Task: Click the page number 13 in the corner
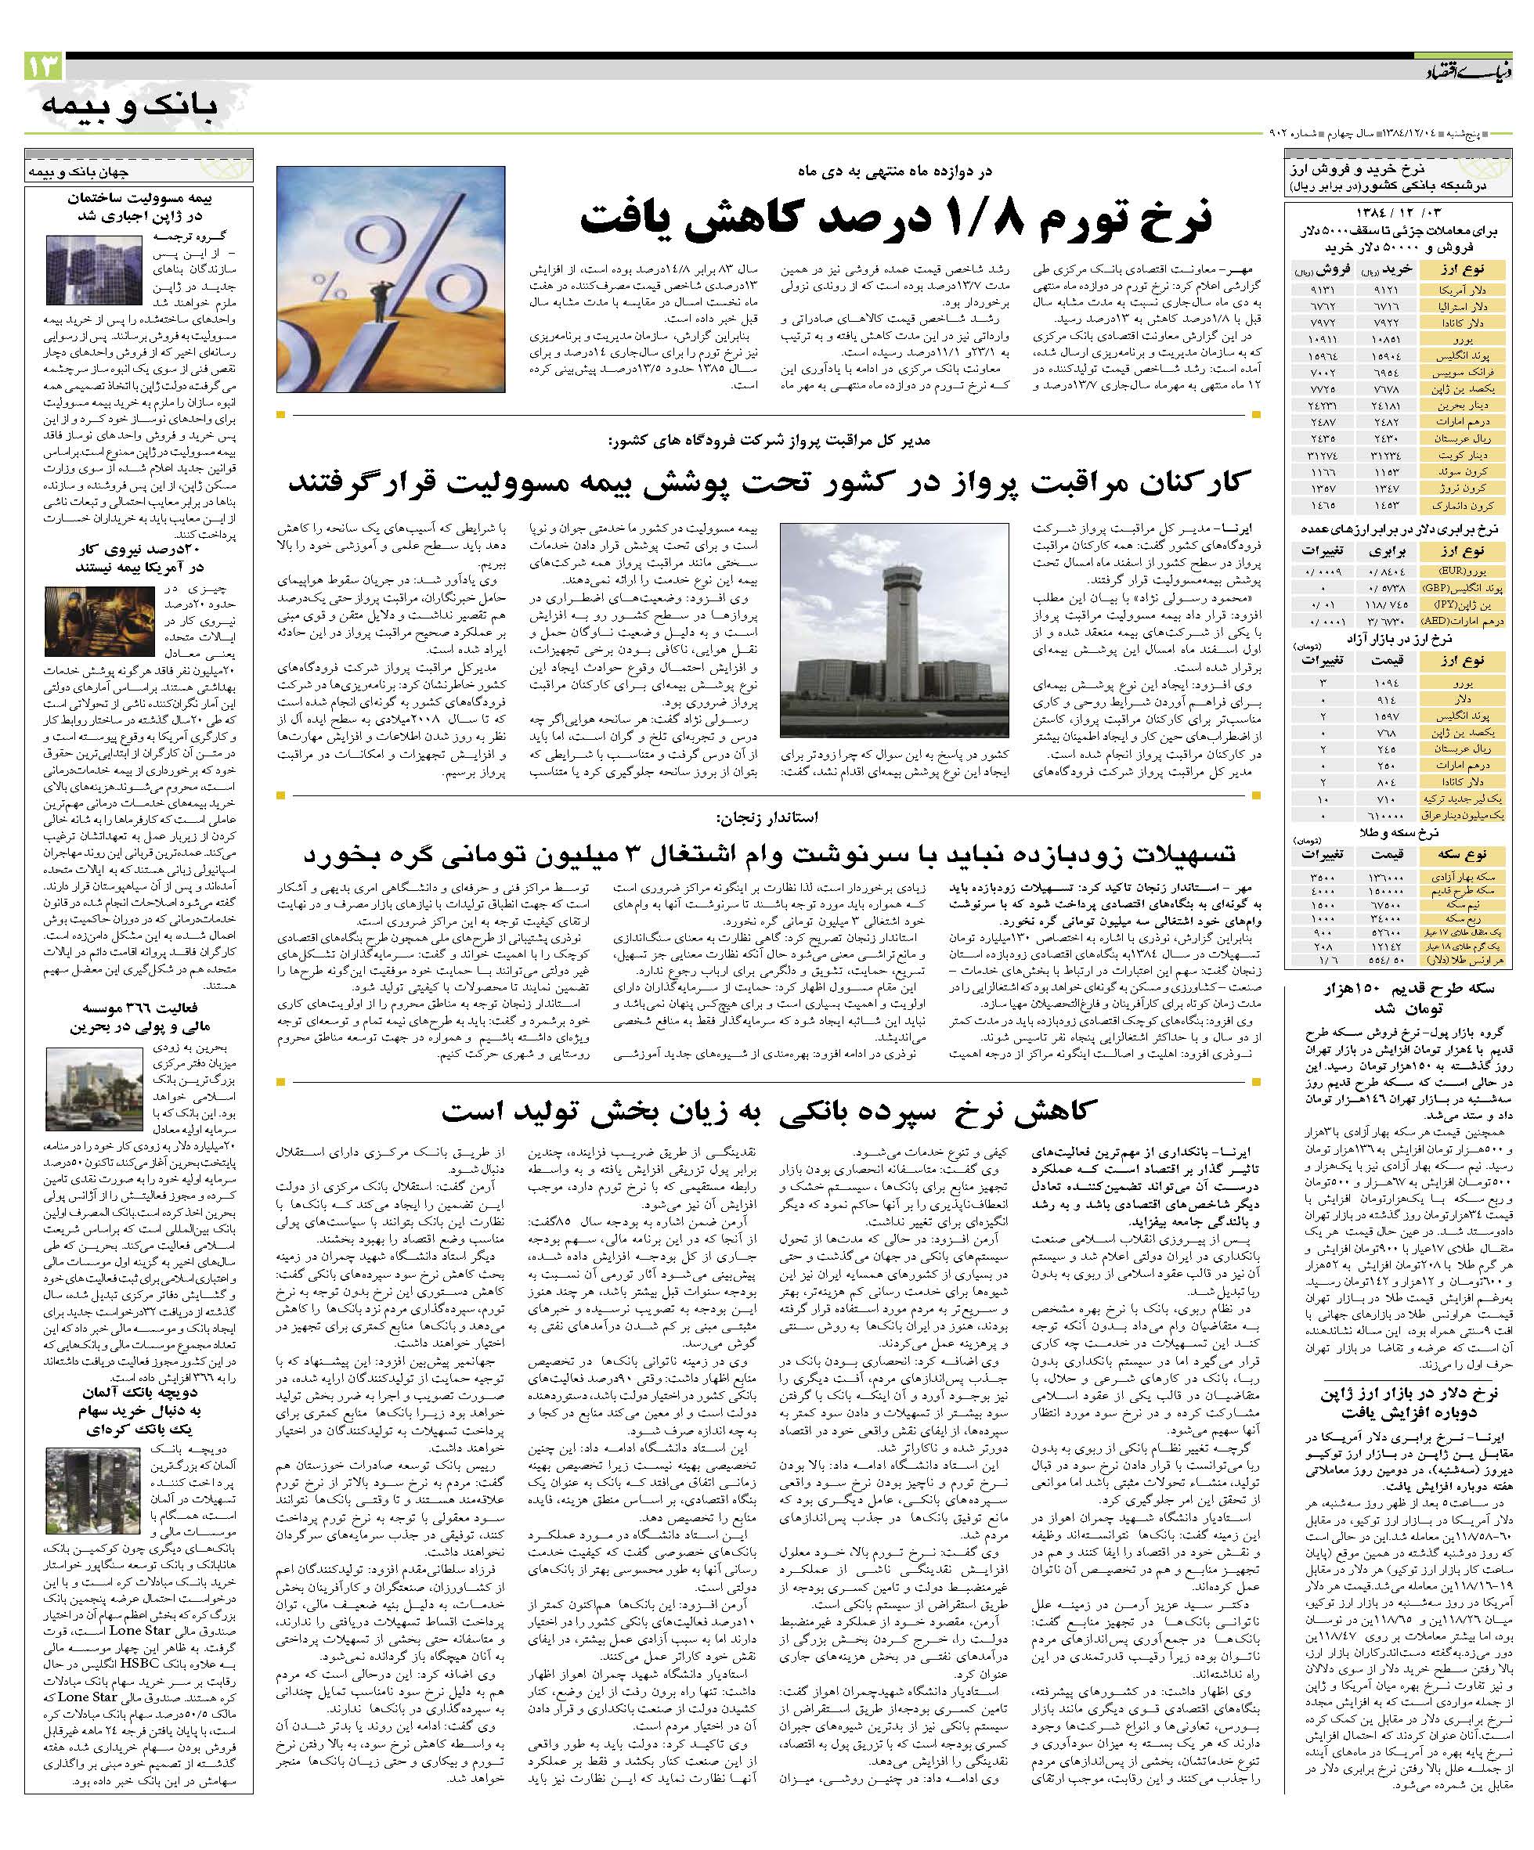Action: click(43, 66)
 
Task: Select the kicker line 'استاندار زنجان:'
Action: click(767, 817)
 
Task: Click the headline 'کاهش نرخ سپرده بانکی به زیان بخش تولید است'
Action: click(769, 1109)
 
